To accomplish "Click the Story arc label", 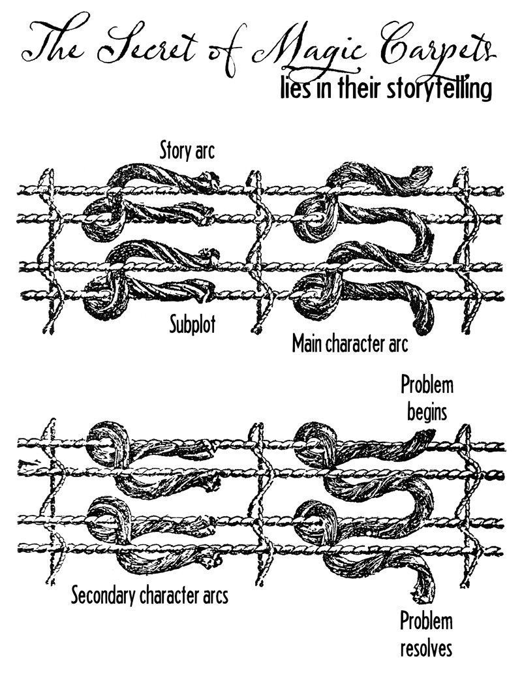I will click(187, 151).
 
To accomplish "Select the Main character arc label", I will click(350, 343).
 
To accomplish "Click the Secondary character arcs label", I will click(150, 595).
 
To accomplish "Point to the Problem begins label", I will click(426, 398).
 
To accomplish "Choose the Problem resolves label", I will click(426, 634).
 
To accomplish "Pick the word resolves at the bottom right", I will click(426, 649).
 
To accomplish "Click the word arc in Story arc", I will click(206, 151).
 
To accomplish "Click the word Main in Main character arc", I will click(305, 343).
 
